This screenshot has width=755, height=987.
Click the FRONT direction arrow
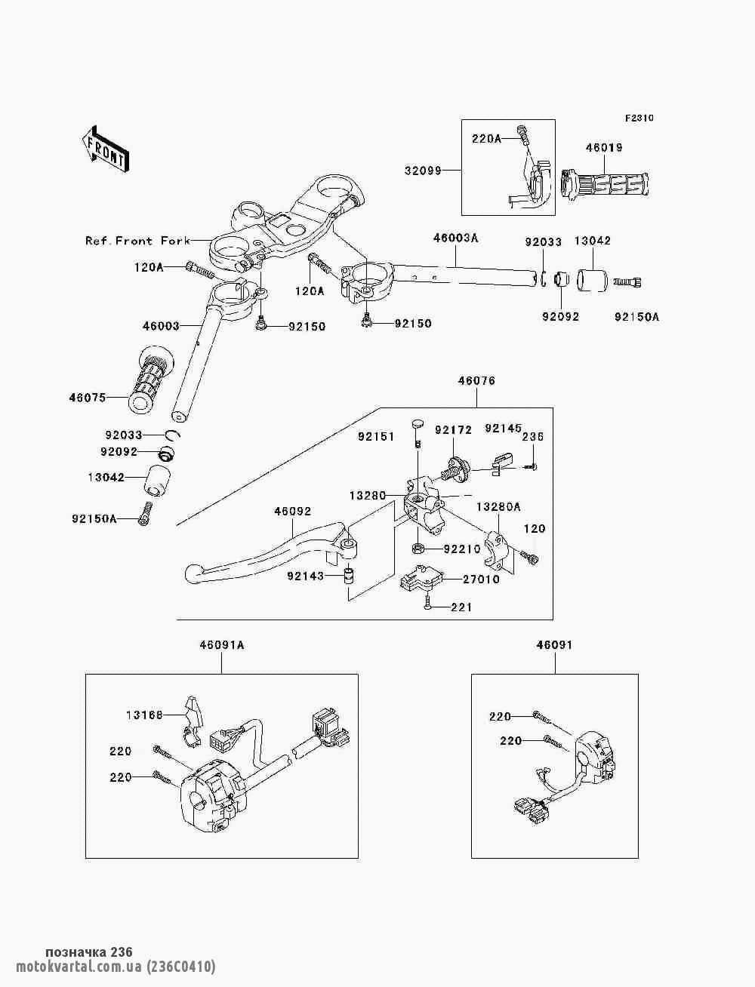pyautogui.click(x=106, y=148)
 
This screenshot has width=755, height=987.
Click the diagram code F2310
pyautogui.click(x=639, y=118)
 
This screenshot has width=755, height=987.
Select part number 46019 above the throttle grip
pyautogui.click(x=604, y=148)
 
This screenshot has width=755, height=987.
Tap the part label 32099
pyautogui.click(x=423, y=171)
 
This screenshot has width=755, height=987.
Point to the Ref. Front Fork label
pyautogui.click(x=138, y=241)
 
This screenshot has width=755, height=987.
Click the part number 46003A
pyautogui.click(x=456, y=238)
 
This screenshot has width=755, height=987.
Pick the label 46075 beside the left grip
pyautogui.click(x=88, y=398)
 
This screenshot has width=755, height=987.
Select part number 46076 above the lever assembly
pyautogui.click(x=476, y=381)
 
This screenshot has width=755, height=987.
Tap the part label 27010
pyautogui.click(x=482, y=580)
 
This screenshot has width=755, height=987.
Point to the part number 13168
pyautogui.click(x=144, y=715)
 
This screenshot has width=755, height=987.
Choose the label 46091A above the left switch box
pyautogui.click(x=222, y=645)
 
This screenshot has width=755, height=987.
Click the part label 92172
pyautogui.click(x=453, y=430)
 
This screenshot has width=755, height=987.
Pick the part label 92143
pyautogui.click(x=306, y=576)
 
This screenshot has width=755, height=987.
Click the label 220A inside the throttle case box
pyautogui.click(x=486, y=140)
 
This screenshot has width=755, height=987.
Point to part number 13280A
pyautogui.click(x=498, y=507)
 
